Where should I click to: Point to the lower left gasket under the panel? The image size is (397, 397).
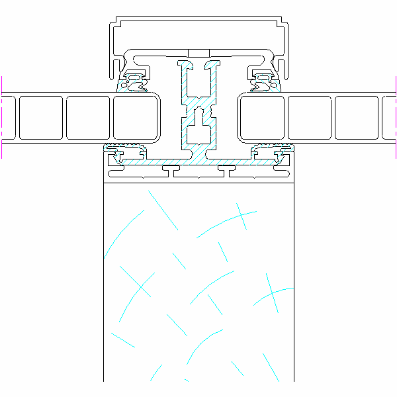[119, 157]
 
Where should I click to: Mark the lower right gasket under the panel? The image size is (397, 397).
[279, 157]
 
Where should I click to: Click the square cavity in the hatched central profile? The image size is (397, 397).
[198, 134]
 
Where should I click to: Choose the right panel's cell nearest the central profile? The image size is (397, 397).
[262, 118]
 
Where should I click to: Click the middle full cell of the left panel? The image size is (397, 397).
[88, 118]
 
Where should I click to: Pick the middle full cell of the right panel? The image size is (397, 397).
[310, 118]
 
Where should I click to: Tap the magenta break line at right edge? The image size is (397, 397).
[395, 118]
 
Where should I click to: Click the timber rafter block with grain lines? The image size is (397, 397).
[198, 278]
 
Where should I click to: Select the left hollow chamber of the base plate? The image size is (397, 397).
[136, 173]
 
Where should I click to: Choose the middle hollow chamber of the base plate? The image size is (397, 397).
[198, 173]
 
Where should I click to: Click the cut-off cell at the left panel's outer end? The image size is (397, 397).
[8, 118]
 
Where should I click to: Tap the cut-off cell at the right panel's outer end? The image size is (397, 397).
[389, 118]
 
